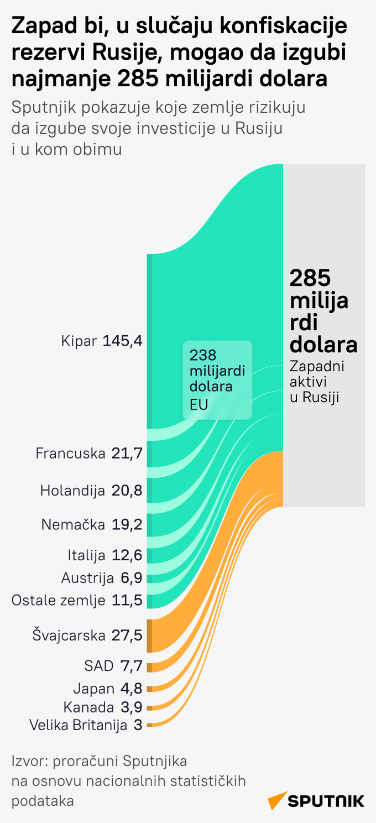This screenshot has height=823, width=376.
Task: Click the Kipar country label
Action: point(79,341)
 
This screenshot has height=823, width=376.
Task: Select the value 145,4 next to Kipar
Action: point(123,341)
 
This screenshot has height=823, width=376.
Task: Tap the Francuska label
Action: point(70,454)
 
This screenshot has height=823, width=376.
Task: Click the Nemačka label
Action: point(73,524)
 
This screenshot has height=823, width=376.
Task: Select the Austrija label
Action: point(87,578)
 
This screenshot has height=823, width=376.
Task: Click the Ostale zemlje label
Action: point(58,600)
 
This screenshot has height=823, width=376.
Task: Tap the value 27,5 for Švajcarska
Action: point(127,635)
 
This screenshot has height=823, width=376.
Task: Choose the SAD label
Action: point(99,665)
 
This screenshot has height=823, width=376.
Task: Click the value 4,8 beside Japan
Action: point(131,689)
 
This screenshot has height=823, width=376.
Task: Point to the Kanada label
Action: point(88,707)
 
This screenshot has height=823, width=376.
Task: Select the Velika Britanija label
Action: point(78,725)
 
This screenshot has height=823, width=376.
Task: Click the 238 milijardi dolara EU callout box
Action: point(217,379)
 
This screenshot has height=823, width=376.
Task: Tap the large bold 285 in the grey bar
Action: point(310,278)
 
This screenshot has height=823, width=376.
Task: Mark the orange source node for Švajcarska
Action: point(149,636)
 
